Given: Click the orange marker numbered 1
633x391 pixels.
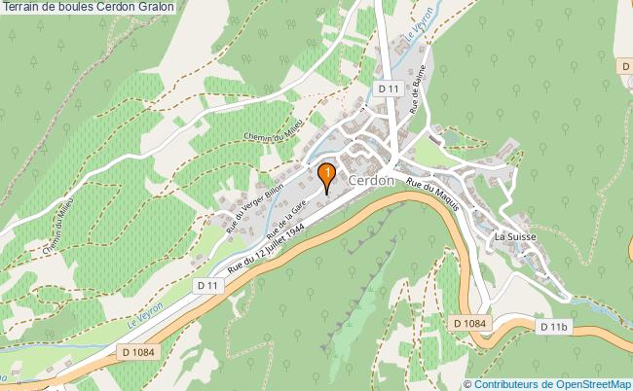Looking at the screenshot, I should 328,174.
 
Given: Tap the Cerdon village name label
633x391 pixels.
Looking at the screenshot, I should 371,181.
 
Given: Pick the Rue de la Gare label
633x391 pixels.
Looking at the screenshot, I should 291,211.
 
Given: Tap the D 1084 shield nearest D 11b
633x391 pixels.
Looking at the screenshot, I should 469,321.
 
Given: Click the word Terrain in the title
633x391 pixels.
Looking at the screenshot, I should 21,7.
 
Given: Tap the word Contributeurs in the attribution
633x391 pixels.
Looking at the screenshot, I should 506,383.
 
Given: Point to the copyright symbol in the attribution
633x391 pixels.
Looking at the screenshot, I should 468,383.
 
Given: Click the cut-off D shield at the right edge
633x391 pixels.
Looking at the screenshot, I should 626,65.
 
